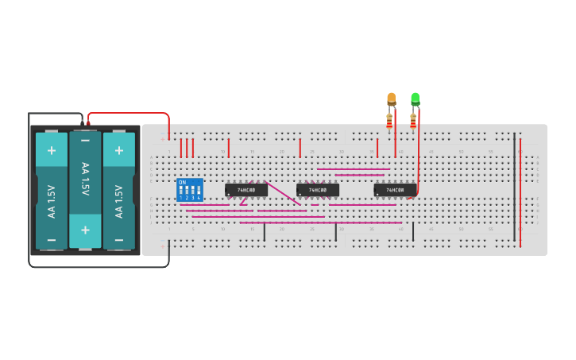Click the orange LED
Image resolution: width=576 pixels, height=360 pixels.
pyautogui.click(x=391, y=99)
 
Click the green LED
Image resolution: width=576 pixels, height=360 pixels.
pyautogui.click(x=415, y=99)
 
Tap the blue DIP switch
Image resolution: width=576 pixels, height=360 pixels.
pyautogui.click(x=190, y=190)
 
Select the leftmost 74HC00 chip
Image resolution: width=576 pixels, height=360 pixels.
pyautogui.click(x=245, y=190)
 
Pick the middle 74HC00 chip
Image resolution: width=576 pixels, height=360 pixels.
pyautogui.click(x=318, y=190)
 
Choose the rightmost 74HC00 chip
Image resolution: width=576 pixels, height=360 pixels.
pyautogui.click(x=395, y=190)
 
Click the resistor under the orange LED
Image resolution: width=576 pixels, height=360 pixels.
pyautogui.click(x=389, y=121)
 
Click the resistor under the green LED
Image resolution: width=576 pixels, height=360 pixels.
pyautogui.click(x=413, y=121)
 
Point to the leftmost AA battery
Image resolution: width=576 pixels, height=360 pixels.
pyautogui.click(x=52, y=191)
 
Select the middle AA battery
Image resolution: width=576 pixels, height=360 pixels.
pyautogui.click(x=85, y=191)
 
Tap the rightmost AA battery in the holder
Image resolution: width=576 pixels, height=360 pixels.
pyautogui.click(x=119, y=191)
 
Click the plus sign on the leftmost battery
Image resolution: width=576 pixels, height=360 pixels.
pyautogui.click(x=52, y=149)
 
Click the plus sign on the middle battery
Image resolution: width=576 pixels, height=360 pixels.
pyautogui.click(x=85, y=230)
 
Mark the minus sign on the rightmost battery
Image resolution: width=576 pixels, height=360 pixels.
pyautogui.click(x=119, y=239)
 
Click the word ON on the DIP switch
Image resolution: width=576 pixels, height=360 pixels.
pyautogui.click(x=183, y=182)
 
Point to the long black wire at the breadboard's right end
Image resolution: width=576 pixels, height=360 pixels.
pyautogui.click(x=514, y=187)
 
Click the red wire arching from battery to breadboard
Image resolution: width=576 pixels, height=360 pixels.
pyautogui.click(x=127, y=114)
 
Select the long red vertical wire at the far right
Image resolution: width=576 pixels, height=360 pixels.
pyautogui.click(x=520, y=191)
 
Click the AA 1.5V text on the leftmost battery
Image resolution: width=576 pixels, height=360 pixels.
pyautogui.click(x=52, y=202)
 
